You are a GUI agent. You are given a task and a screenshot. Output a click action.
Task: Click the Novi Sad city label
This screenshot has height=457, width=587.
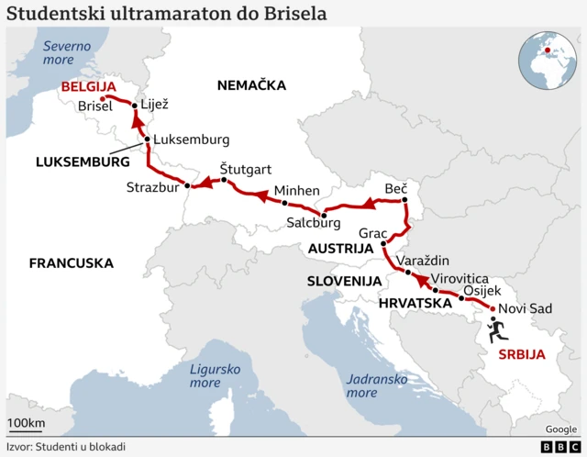click(x=526, y=308)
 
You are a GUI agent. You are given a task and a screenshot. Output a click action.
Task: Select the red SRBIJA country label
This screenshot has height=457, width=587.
click(x=521, y=354)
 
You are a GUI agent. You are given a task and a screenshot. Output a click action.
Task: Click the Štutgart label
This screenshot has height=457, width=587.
click(x=246, y=169)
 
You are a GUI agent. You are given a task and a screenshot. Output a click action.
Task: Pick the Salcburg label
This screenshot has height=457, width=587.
click(x=314, y=223)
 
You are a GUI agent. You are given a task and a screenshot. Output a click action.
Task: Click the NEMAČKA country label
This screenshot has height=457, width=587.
click(x=251, y=85)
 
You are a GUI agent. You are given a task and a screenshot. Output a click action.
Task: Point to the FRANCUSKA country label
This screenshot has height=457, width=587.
click(x=72, y=262)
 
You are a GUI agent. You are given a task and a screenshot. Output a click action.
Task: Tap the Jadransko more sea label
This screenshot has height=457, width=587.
click(x=374, y=385)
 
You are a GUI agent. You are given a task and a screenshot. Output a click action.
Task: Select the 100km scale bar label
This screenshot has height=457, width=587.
click(x=27, y=423)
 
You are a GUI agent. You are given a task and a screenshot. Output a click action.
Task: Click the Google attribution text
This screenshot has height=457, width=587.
click(x=561, y=429)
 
